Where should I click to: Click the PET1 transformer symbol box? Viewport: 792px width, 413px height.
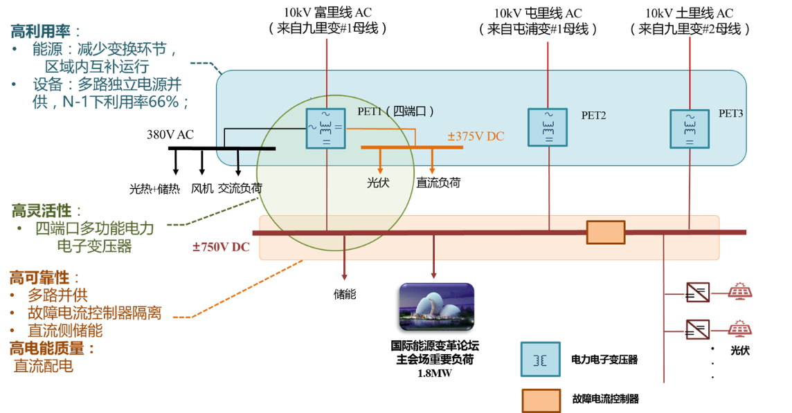pyautogui.click(x=326, y=128)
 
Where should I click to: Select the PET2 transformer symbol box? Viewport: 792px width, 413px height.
pyautogui.click(x=548, y=127)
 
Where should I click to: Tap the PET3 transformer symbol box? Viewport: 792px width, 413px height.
pyautogui.click(x=690, y=128)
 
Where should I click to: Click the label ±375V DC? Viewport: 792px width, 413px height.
pyautogui.click(x=476, y=136)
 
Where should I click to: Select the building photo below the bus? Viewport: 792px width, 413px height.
pyautogui.click(x=437, y=305)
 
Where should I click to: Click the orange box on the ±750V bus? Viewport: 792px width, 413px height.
pyautogui.click(x=606, y=232)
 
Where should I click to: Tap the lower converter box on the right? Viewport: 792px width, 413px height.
pyautogui.click(x=697, y=329)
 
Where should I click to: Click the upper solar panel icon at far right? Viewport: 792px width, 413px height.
pyautogui.click(x=740, y=291)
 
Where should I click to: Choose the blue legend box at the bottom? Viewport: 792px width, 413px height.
pyautogui.click(x=541, y=359)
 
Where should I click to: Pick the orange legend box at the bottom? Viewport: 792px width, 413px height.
pyautogui.click(x=541, y=401)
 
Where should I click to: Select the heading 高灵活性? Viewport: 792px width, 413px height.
pyautogui.click(x=46, y=210)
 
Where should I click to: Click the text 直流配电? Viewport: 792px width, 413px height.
pyautogui.click(x=43, y=367)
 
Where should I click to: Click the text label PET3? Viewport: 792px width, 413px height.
pyautogui.click(x=730, y=113)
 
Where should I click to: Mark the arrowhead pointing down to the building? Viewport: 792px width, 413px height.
pyautogui.click(x=434, y=275)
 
